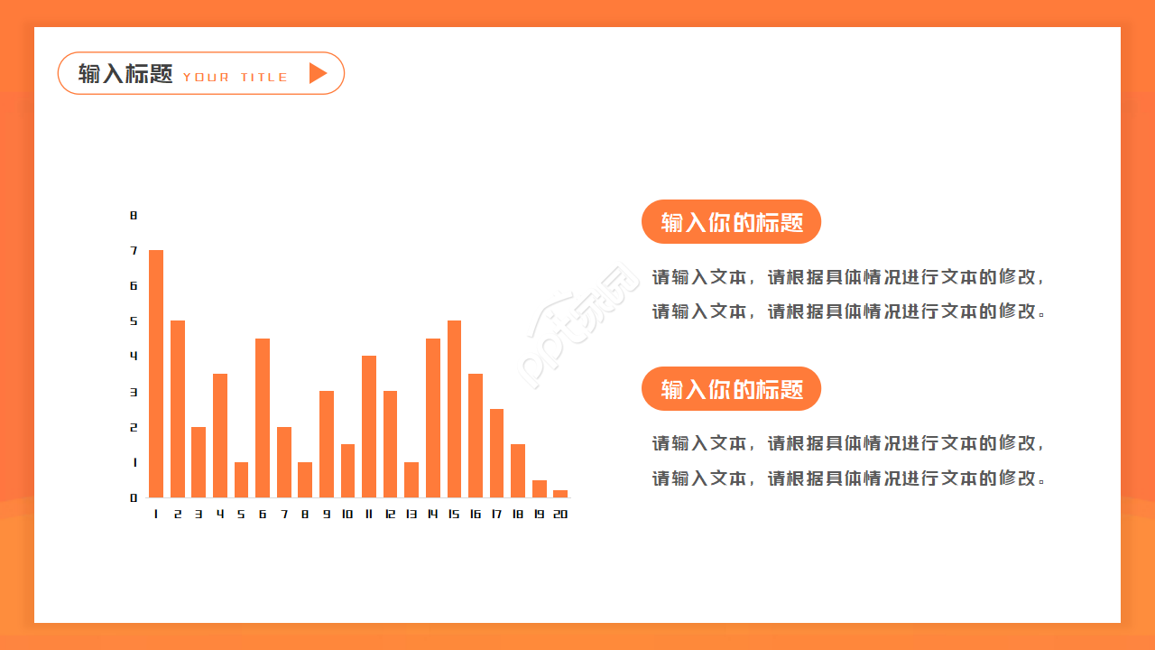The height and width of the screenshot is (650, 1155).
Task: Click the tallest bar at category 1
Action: (x=156, y=374)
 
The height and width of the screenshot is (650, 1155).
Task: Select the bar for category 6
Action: (x=263, y=418)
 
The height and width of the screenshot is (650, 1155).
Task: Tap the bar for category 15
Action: (x=454, y=409)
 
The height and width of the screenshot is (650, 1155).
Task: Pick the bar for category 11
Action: (x=369, y=426)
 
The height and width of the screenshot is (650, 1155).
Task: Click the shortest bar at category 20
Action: (x=560, y=494)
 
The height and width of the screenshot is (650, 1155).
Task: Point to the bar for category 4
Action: (x=220, y=435)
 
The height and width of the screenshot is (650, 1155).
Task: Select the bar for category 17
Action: (x=496, y=453)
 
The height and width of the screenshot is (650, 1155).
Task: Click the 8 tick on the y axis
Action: (x=134, y=216)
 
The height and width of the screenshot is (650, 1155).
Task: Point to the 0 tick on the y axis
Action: (x=134, y=497)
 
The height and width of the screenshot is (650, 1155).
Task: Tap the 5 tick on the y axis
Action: (x=134, y=321)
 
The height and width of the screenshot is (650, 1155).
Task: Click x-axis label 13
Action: (x=411, y=515)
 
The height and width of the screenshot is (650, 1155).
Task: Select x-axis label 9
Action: (x=327, y=515)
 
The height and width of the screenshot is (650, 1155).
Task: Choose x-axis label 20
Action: (x=560, y=515)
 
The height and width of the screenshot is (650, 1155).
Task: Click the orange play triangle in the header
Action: (x=317, y=73)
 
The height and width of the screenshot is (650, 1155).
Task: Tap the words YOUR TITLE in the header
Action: (x=236, y=78)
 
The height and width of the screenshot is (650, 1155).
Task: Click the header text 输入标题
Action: (x=125, y=74)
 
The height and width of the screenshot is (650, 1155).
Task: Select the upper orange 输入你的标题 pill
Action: (x=731, y=222)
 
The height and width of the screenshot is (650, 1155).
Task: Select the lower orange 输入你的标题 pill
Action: (x=731, y=389)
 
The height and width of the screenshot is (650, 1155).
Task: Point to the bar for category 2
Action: (x=178, y=409)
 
